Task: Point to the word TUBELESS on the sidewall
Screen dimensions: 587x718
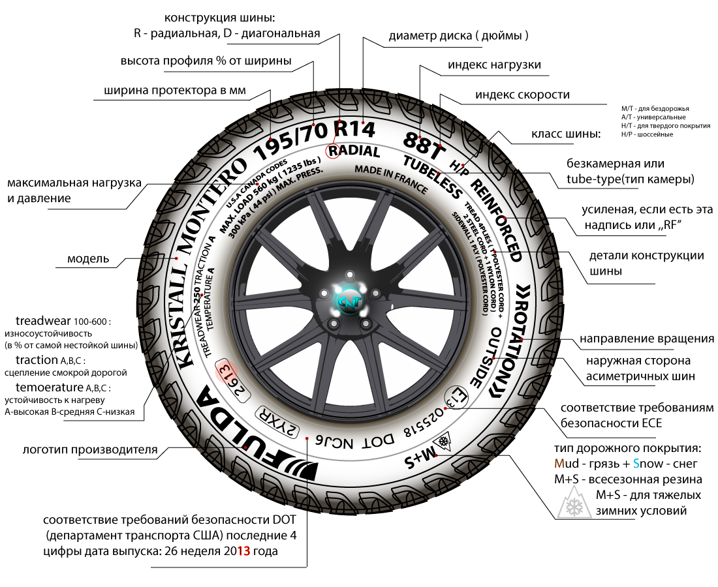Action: pyautogui.click(x=432, y=177)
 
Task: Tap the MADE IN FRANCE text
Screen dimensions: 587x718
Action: pyautogui.click(x=391, y=179)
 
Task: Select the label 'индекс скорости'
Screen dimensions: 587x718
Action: pyautogui.click(x=522, y=95)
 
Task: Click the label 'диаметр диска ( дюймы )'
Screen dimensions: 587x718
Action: pyautogui.click(x=458, y=35)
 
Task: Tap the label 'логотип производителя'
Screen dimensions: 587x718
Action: pyautogui.click(x=90, y=449)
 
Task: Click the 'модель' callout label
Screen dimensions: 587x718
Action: pyautogui.click(x=87, y=259)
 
